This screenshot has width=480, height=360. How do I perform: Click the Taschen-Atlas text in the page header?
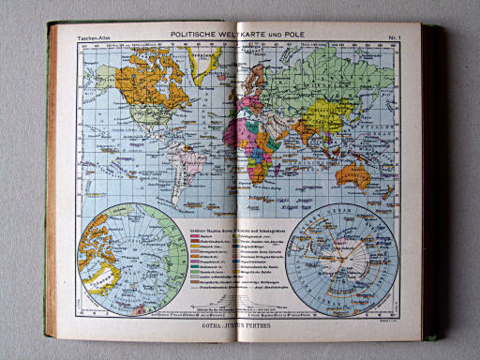93,37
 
